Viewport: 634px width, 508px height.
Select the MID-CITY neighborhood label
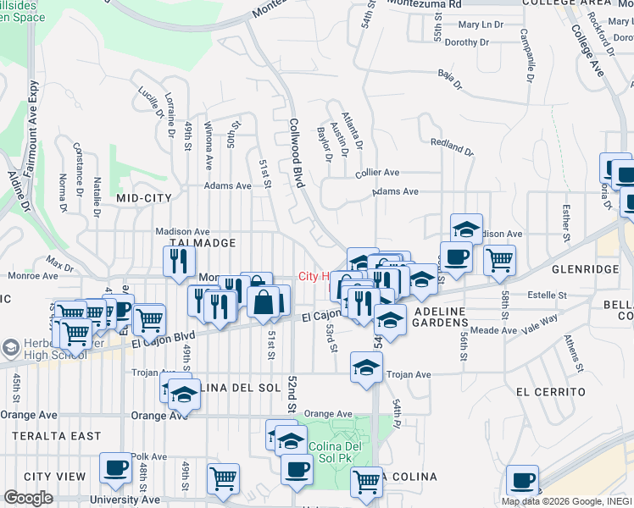tap(143, 198)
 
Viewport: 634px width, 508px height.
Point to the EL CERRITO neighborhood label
tap(550, 392)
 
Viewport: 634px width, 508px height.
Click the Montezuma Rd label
tap(421, 4)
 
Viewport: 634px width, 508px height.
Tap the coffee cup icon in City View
tap(114, 467)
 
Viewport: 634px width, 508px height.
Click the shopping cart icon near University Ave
tap(223, 478)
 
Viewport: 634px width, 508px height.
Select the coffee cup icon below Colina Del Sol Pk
tap(297, 469)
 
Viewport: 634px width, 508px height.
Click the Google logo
tap(28, 498)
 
